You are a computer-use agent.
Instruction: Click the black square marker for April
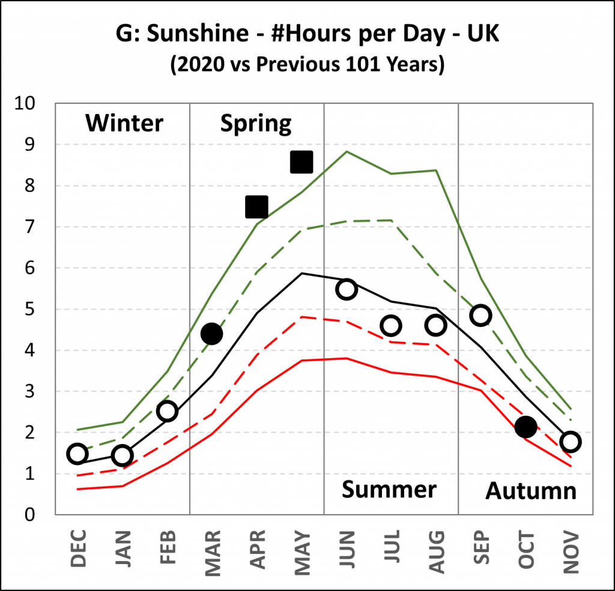(256, 206)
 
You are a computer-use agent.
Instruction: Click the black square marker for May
(301, 162)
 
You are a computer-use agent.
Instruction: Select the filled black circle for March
(211, 334)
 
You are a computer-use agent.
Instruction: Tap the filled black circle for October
(526, 427)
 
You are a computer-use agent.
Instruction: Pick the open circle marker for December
(77, 454)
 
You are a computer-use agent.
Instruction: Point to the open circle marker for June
(347, 289)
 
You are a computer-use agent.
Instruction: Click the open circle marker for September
(480, 315)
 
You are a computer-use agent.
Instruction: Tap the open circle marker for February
(167, 411)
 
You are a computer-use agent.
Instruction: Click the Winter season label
(124, 124)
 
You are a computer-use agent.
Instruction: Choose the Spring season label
(256, 124)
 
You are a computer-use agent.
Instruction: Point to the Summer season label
(389, 490)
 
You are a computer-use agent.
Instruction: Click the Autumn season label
(531, 491)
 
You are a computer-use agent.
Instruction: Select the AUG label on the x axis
(436, 548)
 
